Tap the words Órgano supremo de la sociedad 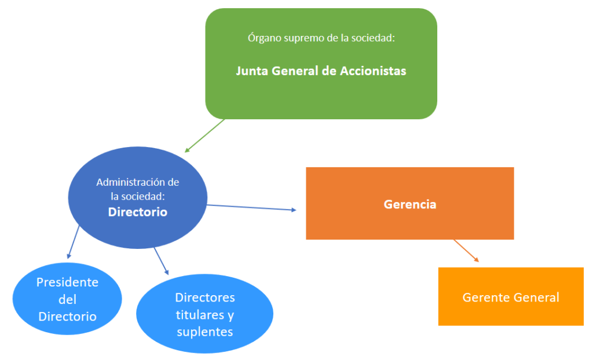pyautogui.click(x=321, y=38)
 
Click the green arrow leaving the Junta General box pyautogui.click(x=206, y=135)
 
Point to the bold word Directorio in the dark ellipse pyautogui.click(x=137, y=212)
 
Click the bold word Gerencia pyautogui.click(x=409, y=204)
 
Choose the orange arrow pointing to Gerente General pyautogui.click(x=466, y=251)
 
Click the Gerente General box pyautogui.click(x=511, y=313)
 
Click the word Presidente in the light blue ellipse pyautogui.click(x=67, y=282)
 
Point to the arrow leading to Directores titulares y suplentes pyautogui.click(x=161, y=260)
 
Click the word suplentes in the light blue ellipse pyautogui.click(x=205, y=332)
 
